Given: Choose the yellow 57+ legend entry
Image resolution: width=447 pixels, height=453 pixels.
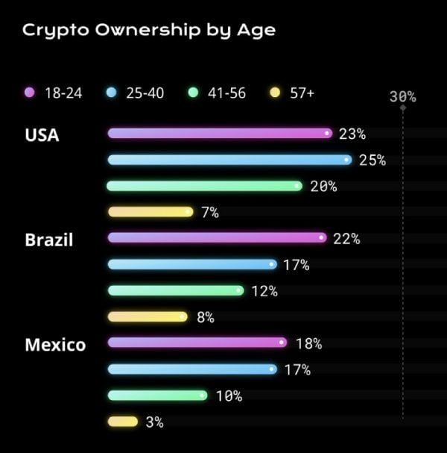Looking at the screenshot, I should point(292,93).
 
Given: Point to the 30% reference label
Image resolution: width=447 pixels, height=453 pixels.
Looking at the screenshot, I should point(402,97).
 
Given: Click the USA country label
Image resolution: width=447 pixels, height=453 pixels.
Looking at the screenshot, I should point(42,136).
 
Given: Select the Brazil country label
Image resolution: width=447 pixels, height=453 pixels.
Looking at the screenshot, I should point(48,240).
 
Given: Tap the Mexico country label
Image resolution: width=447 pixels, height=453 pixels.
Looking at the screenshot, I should point(54,345).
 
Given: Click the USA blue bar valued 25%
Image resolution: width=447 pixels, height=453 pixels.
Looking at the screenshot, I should point(229,160).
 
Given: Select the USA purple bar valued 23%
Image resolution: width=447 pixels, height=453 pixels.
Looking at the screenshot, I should point(220,134).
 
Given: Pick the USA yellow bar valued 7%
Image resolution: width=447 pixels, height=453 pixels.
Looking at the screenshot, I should point(150,212).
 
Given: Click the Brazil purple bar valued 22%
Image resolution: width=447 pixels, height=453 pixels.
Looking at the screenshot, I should point(217,238).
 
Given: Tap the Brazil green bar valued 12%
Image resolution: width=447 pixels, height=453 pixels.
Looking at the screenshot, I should point(176,290).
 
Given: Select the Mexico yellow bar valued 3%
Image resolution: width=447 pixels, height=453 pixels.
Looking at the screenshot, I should point(123,422).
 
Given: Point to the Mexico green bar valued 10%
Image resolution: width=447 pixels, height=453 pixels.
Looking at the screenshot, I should point(157,396).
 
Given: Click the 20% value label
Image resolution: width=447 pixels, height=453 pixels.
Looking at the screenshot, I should point(323,187).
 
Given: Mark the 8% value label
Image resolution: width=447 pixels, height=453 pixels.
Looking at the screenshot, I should point(206,317).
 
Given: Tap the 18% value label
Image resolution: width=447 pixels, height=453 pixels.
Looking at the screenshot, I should point(308,343).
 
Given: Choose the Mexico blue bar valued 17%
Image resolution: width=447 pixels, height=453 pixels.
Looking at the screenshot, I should point(192,369).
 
